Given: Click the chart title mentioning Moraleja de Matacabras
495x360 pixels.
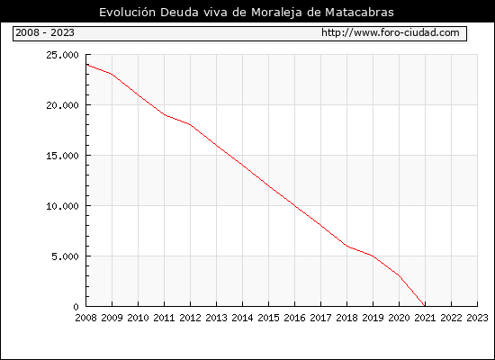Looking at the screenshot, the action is click(247, 13).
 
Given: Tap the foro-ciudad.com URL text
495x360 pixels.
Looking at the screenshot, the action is click(391, 32).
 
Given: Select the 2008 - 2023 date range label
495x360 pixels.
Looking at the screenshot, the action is click(45, 32).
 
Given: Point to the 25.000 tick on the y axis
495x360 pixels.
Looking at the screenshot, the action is click(62, 55).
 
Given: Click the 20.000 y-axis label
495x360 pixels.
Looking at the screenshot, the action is click(62, 105).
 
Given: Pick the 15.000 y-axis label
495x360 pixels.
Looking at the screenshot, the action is click(62, 156).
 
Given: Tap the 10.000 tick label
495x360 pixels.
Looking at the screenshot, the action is click(62, 206).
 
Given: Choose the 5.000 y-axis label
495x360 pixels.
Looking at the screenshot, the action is click(65, 256).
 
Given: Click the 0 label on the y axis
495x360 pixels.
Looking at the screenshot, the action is click(76, 307).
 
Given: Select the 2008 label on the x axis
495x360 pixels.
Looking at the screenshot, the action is click(85, 318).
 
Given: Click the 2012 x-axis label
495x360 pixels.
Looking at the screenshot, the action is click(191, 318).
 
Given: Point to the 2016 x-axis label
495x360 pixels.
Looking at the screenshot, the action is click(294, 318).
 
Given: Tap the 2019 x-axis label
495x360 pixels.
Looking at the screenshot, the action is click(373, 318).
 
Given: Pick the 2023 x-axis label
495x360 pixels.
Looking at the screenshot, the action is click(477, 318).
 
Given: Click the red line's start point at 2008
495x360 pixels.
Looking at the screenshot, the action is click(86, 65).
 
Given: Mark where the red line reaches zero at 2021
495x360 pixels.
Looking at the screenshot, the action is click(425, 306).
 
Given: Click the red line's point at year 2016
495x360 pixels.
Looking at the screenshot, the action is click(295, 205).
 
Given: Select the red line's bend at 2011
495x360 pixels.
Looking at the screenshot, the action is click(165, 115).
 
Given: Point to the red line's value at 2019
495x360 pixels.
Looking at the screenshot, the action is click(373, 256).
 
